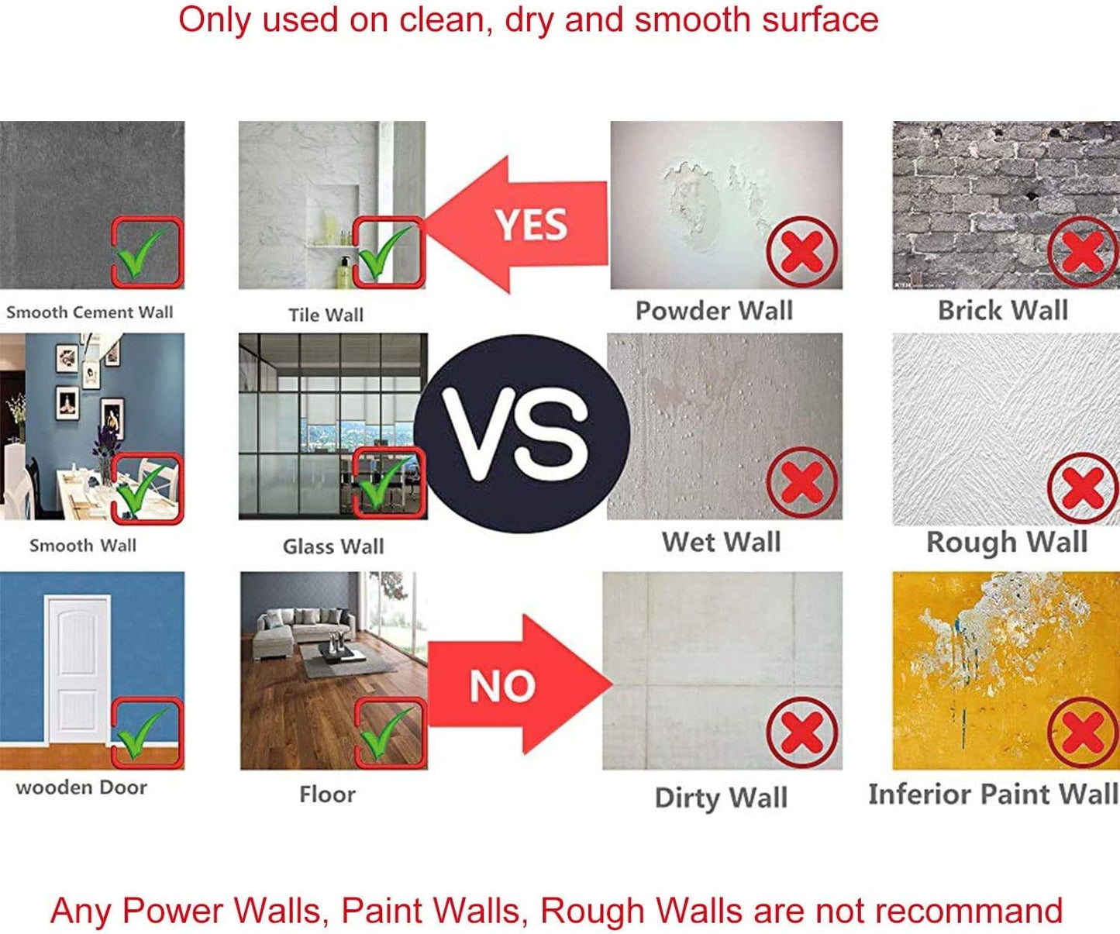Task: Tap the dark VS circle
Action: coord(522,433)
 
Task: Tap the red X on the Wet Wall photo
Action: coord(802,482)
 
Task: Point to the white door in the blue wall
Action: coord(78,670)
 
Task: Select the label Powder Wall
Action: coord(714,311)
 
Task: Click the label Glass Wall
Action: coord(333,546)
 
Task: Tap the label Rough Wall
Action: coord(1007,542)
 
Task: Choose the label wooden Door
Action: coord(81,788)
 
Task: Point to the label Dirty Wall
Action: coord(721,798)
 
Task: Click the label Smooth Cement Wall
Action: coord(90,312)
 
